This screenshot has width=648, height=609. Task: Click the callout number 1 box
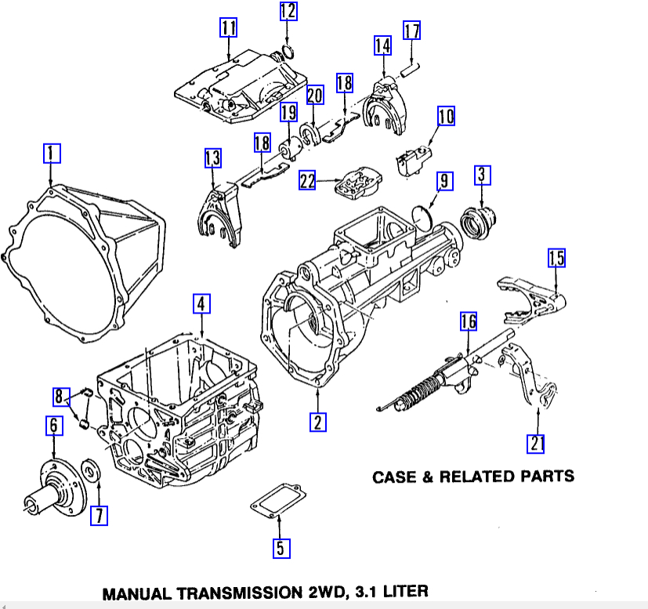(x=51, y=153)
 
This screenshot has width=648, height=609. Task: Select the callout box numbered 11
(x=228, y=29)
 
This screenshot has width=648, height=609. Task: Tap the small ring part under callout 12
(x=287, y=53)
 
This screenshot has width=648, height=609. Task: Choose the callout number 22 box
(x=307, y=181)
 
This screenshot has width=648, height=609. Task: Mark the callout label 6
(x=53, y=426)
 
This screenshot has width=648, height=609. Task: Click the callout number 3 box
(x=481, y=174)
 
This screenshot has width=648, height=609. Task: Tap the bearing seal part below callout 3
(x=476, y=219)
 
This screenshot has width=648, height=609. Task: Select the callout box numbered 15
(x=556, y=258)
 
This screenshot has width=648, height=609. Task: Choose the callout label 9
(x=443, y=182)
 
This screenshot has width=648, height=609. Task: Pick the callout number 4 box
(x=202, y=303)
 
